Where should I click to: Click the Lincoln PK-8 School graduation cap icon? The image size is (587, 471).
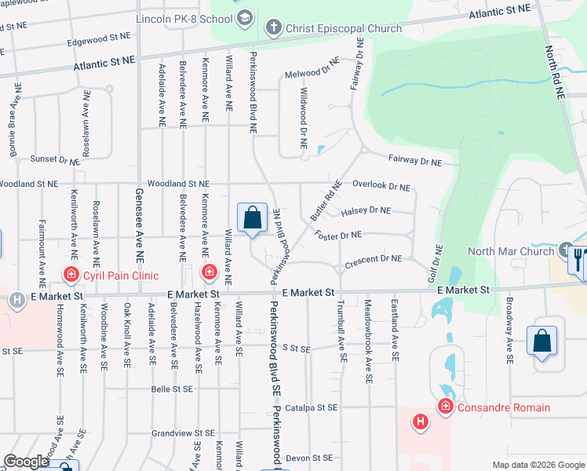pos(245,17)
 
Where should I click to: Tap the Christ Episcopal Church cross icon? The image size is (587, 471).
pos(273,28)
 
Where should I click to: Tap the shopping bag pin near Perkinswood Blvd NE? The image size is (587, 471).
pos(253,217)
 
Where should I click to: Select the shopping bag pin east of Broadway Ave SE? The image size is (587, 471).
pos(541,341)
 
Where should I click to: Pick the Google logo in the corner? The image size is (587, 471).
pos(26,462)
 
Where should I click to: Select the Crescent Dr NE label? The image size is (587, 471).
pos(373,258)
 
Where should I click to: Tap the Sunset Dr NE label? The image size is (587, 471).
pos(54,159)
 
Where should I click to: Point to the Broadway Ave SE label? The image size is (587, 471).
pos(510,330)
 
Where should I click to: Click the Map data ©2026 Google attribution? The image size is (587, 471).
pos(538,465)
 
